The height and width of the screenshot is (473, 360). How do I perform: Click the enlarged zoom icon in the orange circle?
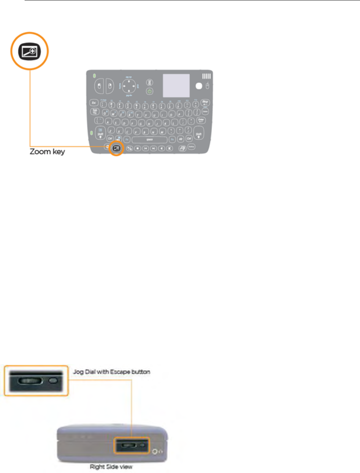[x=29, y=51]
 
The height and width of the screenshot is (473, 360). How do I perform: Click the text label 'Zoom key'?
[x=47, y=152]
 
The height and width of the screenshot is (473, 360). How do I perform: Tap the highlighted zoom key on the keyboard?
[x=117, y=148]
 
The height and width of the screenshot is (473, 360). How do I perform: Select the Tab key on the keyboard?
[x=95, y=111]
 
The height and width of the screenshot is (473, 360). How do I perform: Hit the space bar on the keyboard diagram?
[x=150, y=140]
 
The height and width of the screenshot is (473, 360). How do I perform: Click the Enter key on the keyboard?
[x=201, y=120]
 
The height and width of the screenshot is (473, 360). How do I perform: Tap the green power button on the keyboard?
[x=150, y=91]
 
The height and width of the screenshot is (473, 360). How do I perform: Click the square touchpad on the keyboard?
[x=176, y=86]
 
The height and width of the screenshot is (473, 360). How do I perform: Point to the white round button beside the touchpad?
[x=199, y=86]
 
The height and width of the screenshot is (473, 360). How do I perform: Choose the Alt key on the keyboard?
[x=181, y=139]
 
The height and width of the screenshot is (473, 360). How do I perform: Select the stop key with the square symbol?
[x=138, y=148]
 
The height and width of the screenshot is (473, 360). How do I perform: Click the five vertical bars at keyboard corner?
[x=206, y=76]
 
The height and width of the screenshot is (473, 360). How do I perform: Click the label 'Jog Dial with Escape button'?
[x=111, y=372]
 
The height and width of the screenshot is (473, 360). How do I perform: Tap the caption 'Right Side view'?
[x=111, y=467]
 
